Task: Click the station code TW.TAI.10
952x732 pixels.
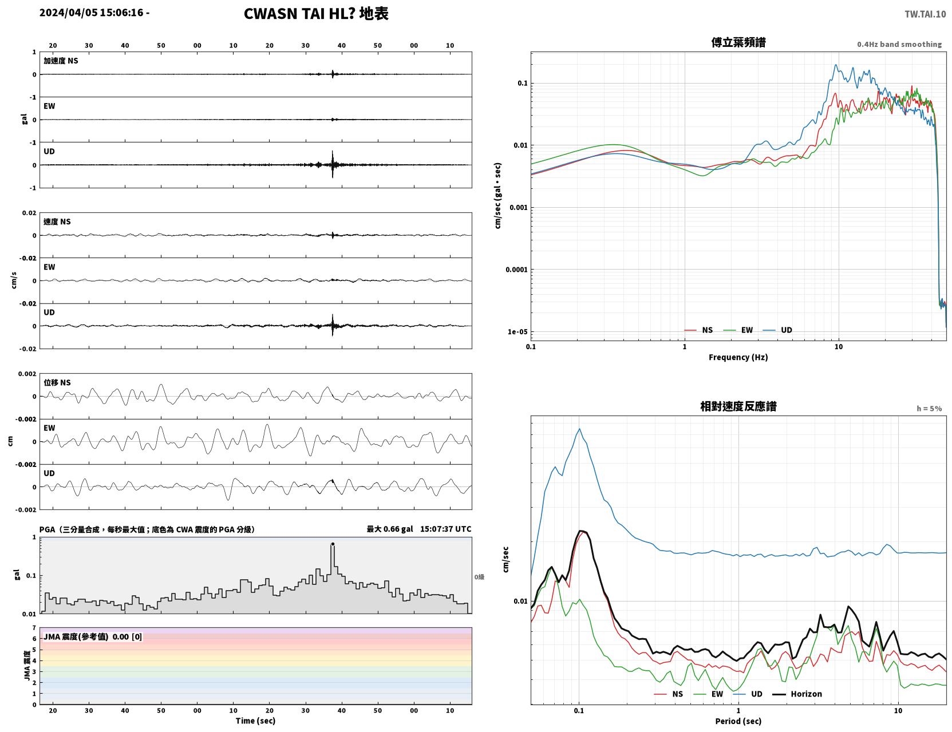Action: [x=925, y=14]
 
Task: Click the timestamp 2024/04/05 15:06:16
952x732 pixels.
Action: [x=91, y=13]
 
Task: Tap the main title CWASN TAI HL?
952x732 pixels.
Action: [x=299, y=14]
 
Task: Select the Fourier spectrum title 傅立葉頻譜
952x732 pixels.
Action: [x=738, y=42]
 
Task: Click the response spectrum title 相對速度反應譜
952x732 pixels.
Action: [x=738, y=406]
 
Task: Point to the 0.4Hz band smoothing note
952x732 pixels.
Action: [x=899, y=44]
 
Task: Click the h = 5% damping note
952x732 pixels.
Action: [x=929, y=409]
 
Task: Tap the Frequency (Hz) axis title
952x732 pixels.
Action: [x=738, y=357]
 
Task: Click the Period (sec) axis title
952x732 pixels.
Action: [x=738, y=721]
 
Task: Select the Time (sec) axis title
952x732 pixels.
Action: [x=255, y=721]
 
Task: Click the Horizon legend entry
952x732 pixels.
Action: [x=797, y=694]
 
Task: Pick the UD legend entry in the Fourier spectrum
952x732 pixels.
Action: [x=777, y=330]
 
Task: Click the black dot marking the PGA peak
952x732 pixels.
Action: [x=333, y=544]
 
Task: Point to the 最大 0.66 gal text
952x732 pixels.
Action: [x=389, y=529]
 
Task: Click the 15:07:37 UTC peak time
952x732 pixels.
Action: [x=445, y=529]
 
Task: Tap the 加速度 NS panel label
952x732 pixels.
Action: [x=61, y=61]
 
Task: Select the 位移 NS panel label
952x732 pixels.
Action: [x=57, y=383]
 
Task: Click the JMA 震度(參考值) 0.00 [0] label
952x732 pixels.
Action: [x=92, y=636]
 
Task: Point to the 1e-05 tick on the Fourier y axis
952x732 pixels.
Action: [x=518, y=332]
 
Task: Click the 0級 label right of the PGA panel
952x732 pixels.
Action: [x=479, y=577]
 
